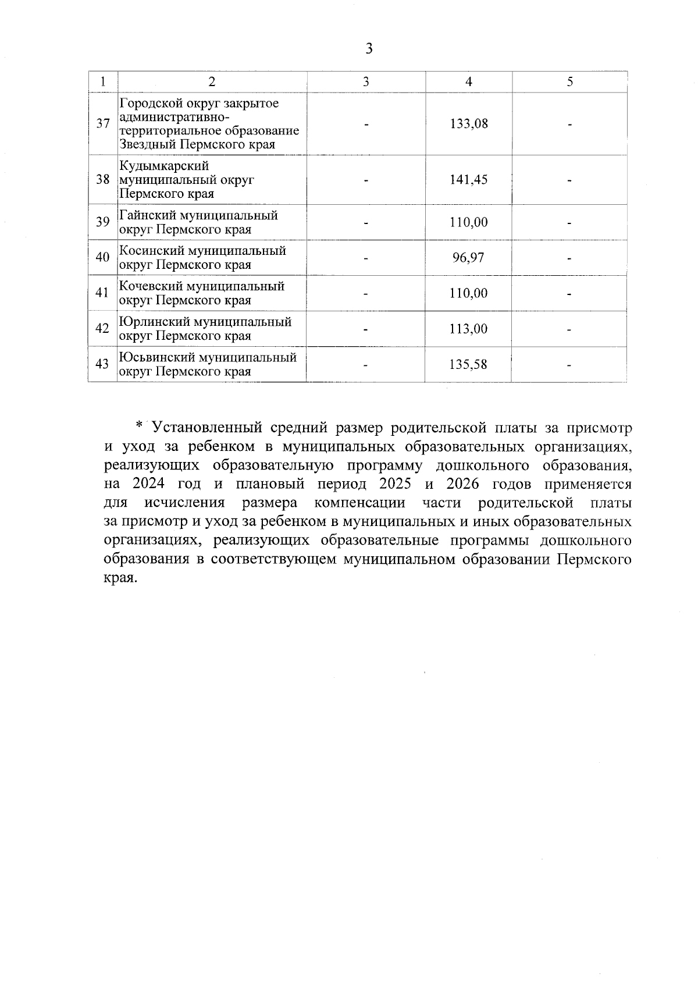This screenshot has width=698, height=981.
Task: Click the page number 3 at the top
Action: [369, 49]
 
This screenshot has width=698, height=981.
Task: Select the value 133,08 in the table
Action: [469, 124]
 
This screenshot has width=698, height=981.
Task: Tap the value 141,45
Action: [468, 180]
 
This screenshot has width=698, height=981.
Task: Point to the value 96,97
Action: [468, 258]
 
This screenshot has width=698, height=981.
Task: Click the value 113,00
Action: [468, 329]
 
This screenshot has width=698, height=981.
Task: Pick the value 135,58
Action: [468, 365]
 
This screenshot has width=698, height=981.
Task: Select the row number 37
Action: [103, 124]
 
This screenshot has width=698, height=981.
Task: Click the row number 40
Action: [102, 257]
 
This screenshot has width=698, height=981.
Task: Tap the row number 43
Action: [102, 365]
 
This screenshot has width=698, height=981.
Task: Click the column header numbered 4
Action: [469, 82]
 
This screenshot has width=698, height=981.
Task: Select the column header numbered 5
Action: [570, 82]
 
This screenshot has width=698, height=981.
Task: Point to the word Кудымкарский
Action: [164, 166]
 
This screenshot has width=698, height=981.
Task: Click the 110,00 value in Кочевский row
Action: [468, 293]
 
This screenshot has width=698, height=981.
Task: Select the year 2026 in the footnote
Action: [463, 484]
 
